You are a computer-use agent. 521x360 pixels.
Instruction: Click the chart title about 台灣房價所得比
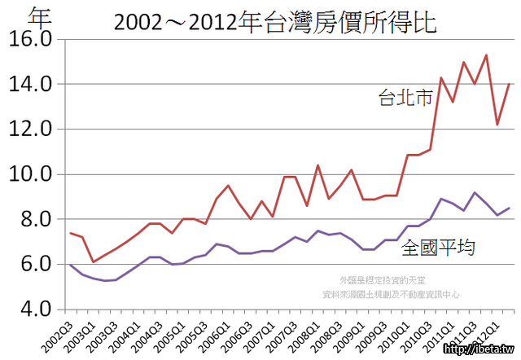coord(275,22)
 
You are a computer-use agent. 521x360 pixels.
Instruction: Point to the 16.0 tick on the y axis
coord(29,39)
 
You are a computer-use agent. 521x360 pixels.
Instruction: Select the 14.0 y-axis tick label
coord(29,84)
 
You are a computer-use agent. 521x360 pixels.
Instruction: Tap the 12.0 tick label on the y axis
coord(29,129)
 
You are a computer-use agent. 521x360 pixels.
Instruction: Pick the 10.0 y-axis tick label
coord(29,174)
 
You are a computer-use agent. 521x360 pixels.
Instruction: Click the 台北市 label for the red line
coord(406,99)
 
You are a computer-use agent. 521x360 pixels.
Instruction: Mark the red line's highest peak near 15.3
coord(486,55)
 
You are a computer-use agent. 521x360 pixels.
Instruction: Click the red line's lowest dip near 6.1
coord(93,261)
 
